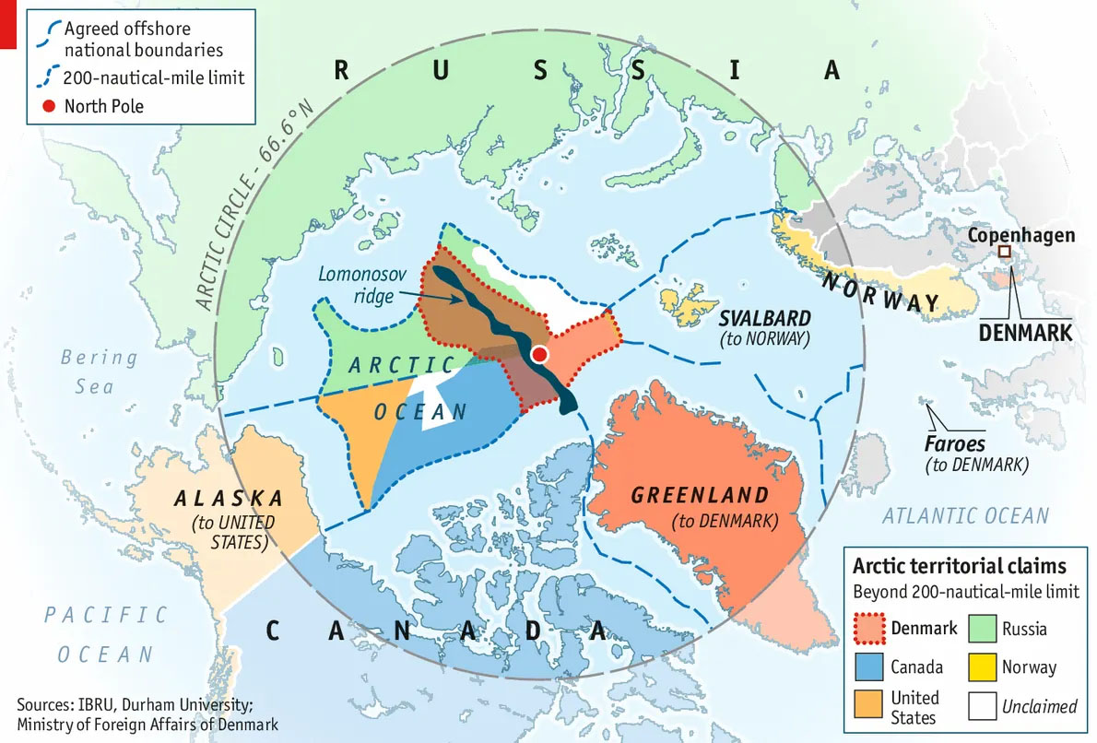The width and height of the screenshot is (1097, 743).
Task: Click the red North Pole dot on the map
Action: click(540, 355)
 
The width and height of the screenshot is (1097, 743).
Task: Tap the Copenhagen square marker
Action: click(1005, 251)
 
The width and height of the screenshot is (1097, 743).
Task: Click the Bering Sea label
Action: click(99, 371)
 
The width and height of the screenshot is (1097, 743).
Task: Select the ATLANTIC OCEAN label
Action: click(965, 516)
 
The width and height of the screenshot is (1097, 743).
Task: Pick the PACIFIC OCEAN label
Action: click(106, 634)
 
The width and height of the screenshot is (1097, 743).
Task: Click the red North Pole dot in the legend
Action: click(49, 106)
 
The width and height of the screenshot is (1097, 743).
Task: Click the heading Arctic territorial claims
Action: click(959, 566)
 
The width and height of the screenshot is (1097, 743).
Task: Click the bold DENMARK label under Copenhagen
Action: click(1024, 331)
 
